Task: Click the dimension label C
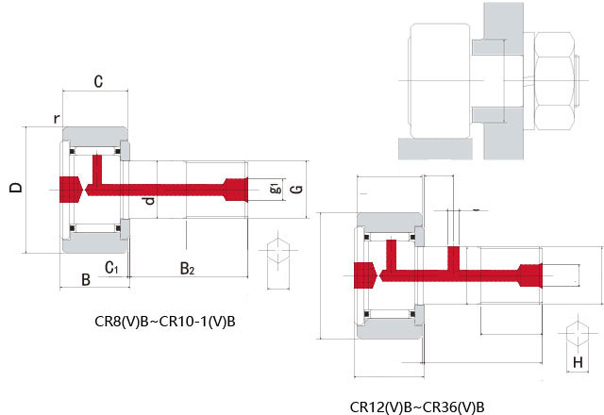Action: point(98,81)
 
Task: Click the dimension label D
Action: point(16,188)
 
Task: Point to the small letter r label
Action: point(57,119)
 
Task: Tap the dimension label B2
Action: point(187,268)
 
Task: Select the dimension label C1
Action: point(111,267)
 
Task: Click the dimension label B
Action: point(86,280)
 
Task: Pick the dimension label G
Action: point(297,189)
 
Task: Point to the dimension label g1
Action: point(276,189)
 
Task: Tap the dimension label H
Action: point(578,362)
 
